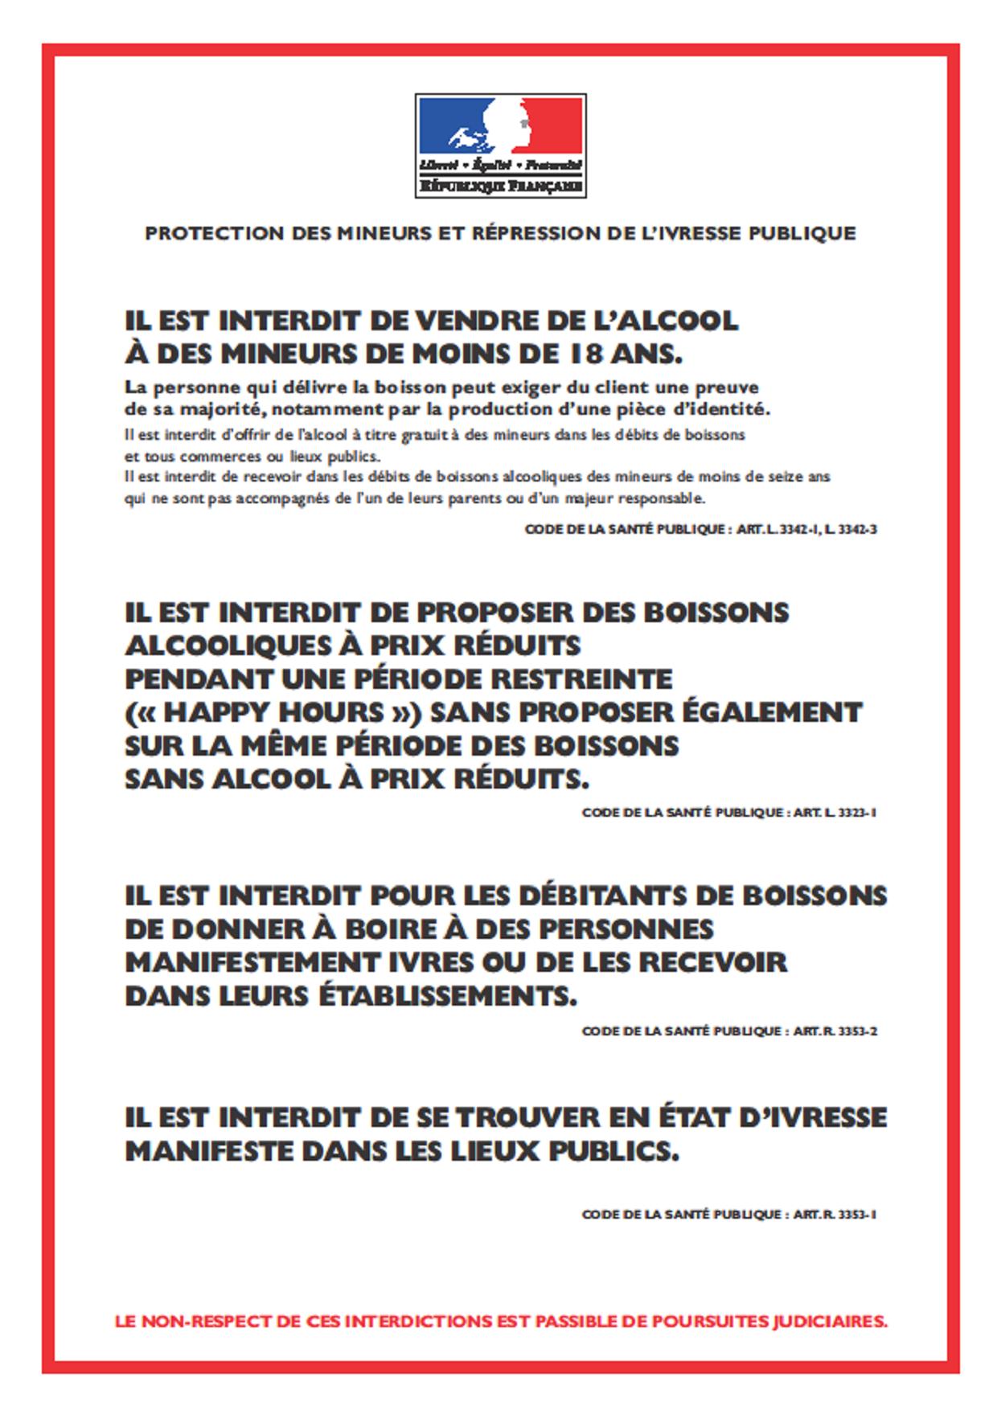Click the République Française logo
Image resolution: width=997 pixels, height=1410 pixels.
tap(500, 146)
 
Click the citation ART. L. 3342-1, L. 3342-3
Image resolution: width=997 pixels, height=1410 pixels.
tap(806, 530)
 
